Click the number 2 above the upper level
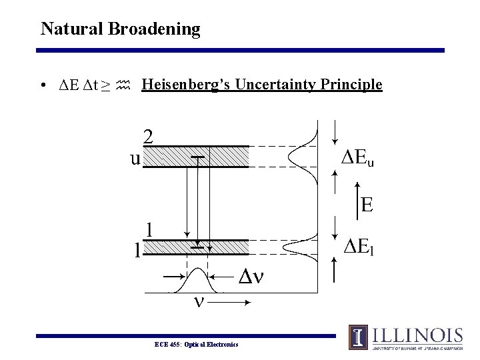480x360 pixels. tap(149, 136)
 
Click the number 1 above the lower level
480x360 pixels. tap(151, 229)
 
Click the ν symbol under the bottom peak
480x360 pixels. tap(198, 301)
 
